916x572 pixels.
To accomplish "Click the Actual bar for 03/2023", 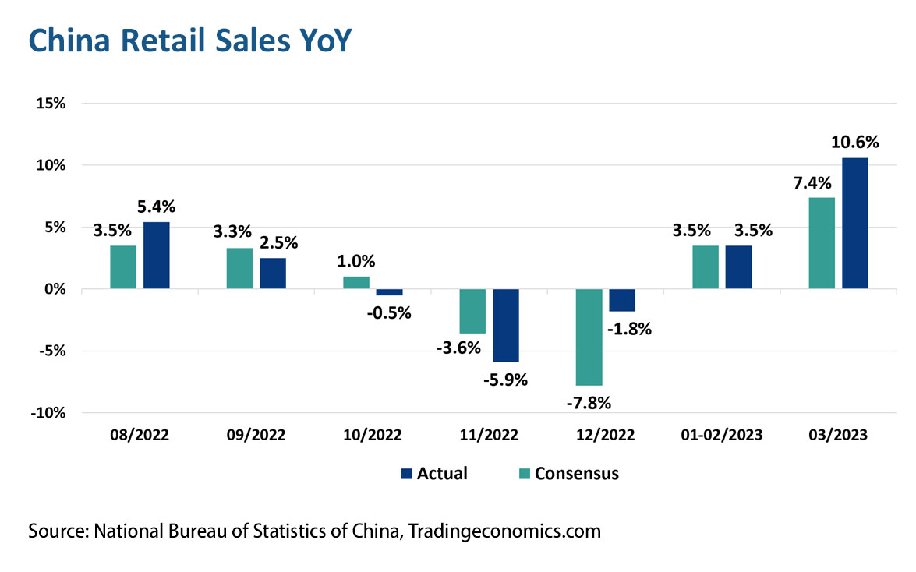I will [x=855, y=223].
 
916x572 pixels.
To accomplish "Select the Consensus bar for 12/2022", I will [x=589, y=337].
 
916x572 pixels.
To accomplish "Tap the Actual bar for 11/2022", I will [x=506, y=325].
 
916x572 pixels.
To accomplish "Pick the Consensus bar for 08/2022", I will [x=123, y=267].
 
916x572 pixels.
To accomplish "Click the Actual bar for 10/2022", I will [x=390, y=292].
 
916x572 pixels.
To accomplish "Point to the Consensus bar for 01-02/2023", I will [x=706, y=267].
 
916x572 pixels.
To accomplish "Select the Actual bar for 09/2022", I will [x=273, y=274].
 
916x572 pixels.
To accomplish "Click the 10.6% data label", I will [x=855, y=143].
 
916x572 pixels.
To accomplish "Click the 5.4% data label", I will [x=157, y=207].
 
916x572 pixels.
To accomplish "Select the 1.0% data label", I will [x=356, y=261].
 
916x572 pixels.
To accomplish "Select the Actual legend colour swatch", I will [x=405, y=473].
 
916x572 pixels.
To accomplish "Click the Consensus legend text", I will [x=577, y=473].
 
